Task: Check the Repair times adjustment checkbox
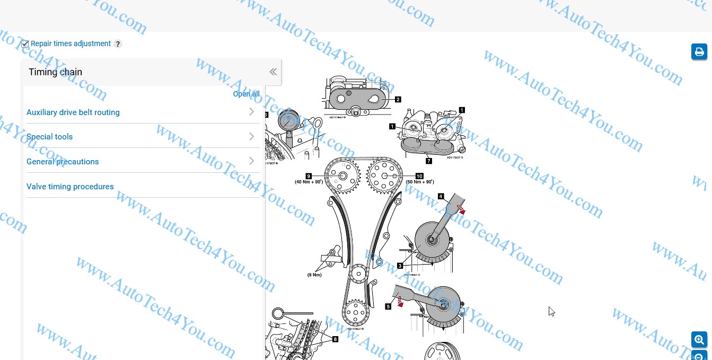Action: coord(25,44)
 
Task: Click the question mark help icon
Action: coord(118,44)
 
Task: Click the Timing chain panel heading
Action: coord(55,72)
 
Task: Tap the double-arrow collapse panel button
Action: coord(273,72)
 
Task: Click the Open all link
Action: coord(246,94)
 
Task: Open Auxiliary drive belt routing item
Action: coord(73,112)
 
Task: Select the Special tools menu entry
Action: coord(50,137)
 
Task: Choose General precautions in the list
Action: coord(63,162)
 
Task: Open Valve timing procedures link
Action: coord(70,187)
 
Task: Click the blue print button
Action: coord(699,51)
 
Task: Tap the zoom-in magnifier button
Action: coord(699,339)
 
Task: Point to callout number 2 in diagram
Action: coord(398,99)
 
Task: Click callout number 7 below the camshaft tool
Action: coord(428,161)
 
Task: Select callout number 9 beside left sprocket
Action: coord(308,175)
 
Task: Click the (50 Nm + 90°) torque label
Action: coord(420,182)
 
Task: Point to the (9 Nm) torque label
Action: coord(314,275)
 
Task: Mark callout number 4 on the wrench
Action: coord(441,196)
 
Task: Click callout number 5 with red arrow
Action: coord(388,306)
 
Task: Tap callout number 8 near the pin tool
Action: coord(335,339)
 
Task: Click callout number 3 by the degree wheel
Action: coord(400,265)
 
